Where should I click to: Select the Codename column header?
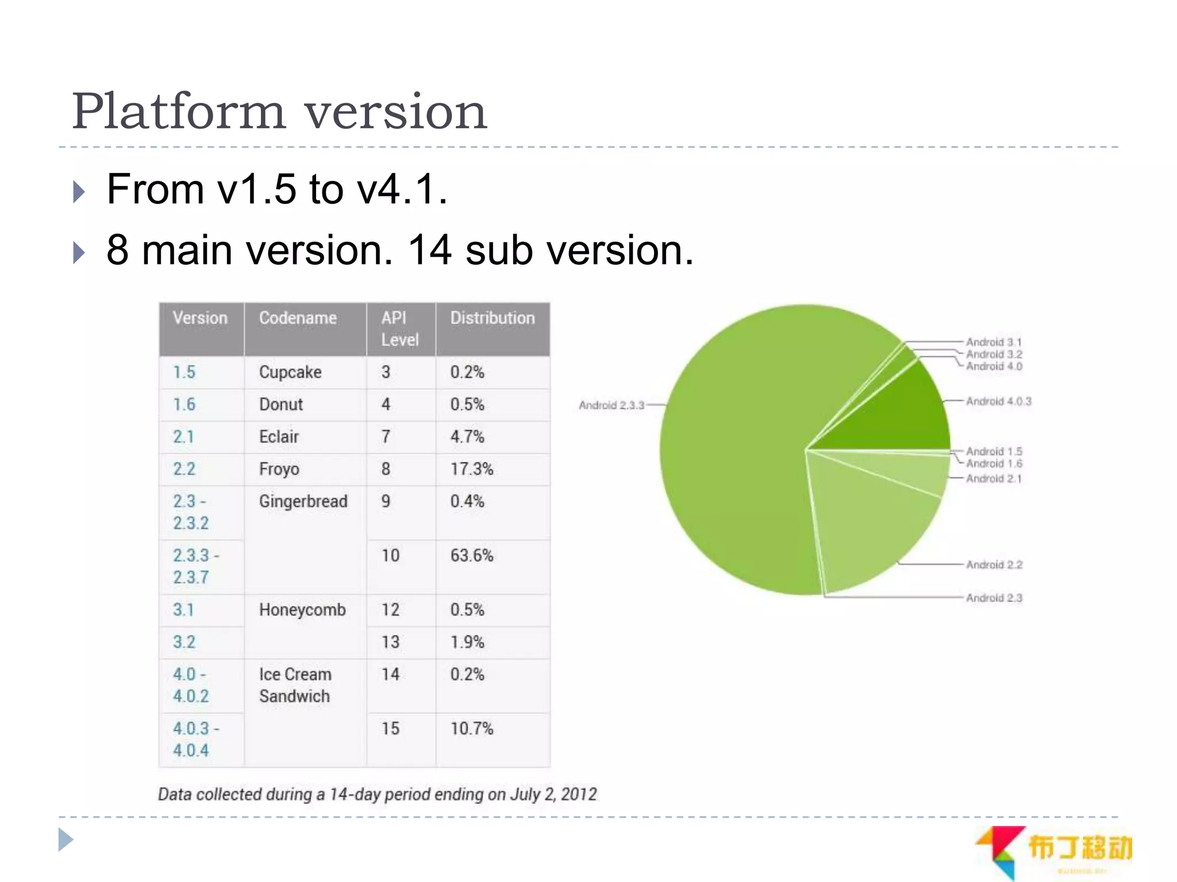pyautogui.click(x=298, y=318)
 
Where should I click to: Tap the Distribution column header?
pyautogui.click(x=492, y=318)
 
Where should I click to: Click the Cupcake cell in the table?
pyautogui.click(x=290, y=372)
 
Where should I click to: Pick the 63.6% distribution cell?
pyautogui.click(x=472, y=555)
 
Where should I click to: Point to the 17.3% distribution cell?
pyautogui.click(x=472, y=469)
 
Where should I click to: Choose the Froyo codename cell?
pyautogui.click(x=279, y=469)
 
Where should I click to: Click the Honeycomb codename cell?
pyautogui.click(x=302, y=610)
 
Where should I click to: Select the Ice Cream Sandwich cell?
pyautogui.click(x=295, y=685)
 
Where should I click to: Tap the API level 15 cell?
pyautogui.click(x=390, y=729)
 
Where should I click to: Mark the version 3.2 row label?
pyautogui.click(x=184, y=642)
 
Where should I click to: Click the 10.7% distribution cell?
pyautogui.click(x=472, y=729)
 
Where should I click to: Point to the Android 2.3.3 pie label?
pyautogui.click(x=611, y=405)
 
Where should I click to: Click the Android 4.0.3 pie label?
pyautogui.click(x=998, y=401)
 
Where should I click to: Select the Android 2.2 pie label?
pyautogui.click(x=994, y=565)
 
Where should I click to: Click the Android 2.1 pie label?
pyautogui.click(x=994, y=479)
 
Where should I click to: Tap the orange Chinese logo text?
pyautogui.click(x=1079, y=848)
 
